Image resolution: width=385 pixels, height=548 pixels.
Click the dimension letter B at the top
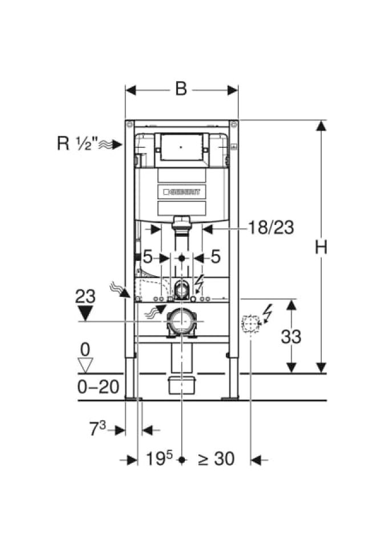[x=181, y=89]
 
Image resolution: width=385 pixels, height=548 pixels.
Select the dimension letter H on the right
[x=322, y=247]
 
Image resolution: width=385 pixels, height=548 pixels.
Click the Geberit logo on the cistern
[x=182, y=193]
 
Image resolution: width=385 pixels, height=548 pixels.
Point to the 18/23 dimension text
[x=271, y=228]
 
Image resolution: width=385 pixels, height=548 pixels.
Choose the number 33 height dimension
[x=291, y=336]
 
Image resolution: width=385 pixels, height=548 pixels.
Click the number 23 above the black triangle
[x=85, y=296]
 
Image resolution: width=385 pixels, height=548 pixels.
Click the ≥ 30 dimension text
[x=216, y=458]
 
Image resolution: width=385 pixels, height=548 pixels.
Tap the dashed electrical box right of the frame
[x=249, y=325]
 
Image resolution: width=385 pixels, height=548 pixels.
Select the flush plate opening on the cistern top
[x=181, y=146]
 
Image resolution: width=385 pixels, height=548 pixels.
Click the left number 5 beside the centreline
[x=147, y=257]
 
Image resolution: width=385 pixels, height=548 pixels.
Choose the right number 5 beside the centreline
[x=216, y=257]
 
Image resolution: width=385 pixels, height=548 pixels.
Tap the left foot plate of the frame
[x=133, y=397]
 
